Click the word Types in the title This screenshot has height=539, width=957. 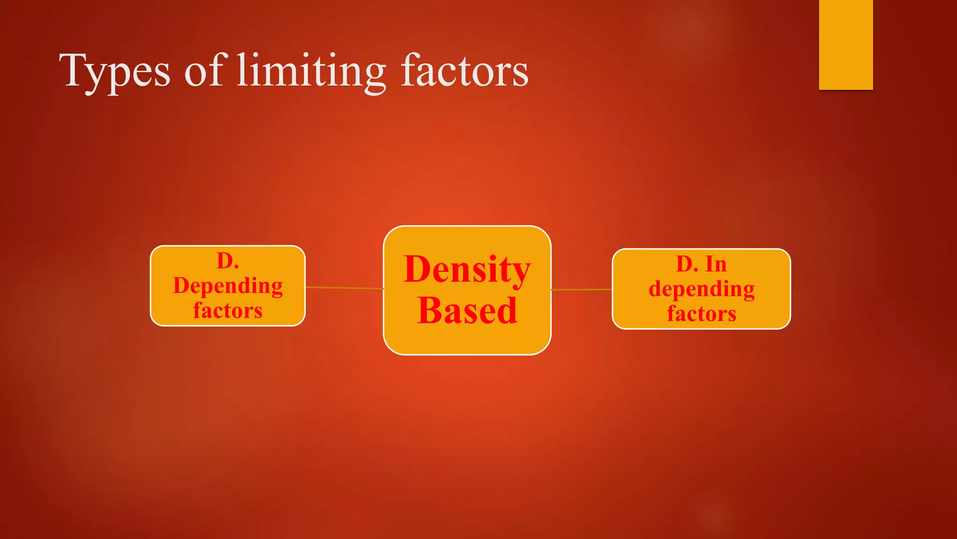point(115,71)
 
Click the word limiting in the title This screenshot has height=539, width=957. point(311,71)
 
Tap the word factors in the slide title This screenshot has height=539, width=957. point(464,71)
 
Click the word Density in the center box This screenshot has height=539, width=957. point(467,269)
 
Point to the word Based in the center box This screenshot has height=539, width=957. point(467,311)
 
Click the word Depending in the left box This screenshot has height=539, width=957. point(228,286)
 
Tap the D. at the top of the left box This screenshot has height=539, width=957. point(228,261)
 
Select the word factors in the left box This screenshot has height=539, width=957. point(228,311)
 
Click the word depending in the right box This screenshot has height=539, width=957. point(701,289)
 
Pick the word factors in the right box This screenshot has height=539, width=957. point(701,313)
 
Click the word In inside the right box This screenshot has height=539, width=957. point(716,264)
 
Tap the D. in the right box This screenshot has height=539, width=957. point(687,264)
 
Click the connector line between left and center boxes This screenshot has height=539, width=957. point(344,288)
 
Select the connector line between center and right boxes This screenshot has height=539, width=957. point(581,290)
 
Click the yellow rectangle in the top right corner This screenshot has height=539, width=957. point(846,44)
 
